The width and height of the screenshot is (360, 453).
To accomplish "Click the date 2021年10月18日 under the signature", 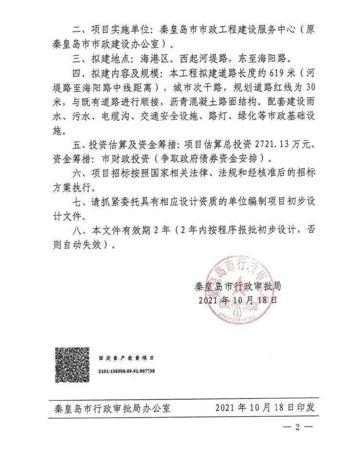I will click(x=237, y=300).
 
